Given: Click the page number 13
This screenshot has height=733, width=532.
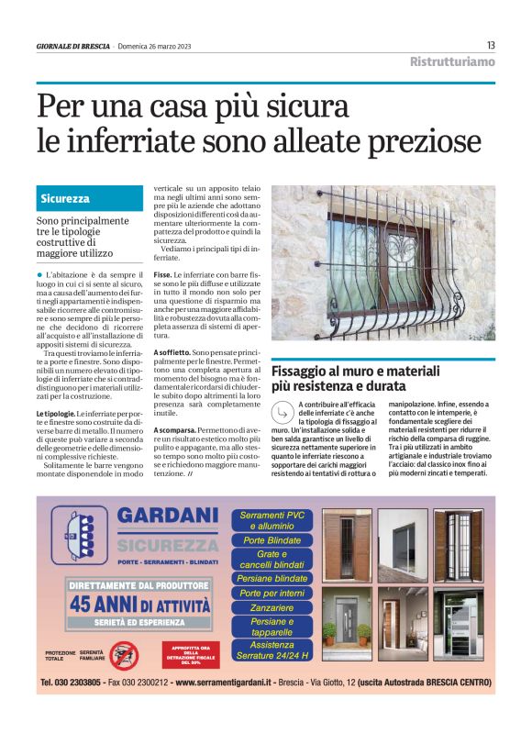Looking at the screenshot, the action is coord(491,45).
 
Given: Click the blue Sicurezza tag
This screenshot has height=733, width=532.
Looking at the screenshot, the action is coord(65,199).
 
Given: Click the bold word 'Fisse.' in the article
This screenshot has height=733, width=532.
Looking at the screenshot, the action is coord(162,274).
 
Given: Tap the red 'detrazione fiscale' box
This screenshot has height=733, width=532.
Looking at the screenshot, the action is coord(190,653).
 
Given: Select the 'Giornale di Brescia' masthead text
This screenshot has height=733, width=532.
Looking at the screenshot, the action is coord(72,46).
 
